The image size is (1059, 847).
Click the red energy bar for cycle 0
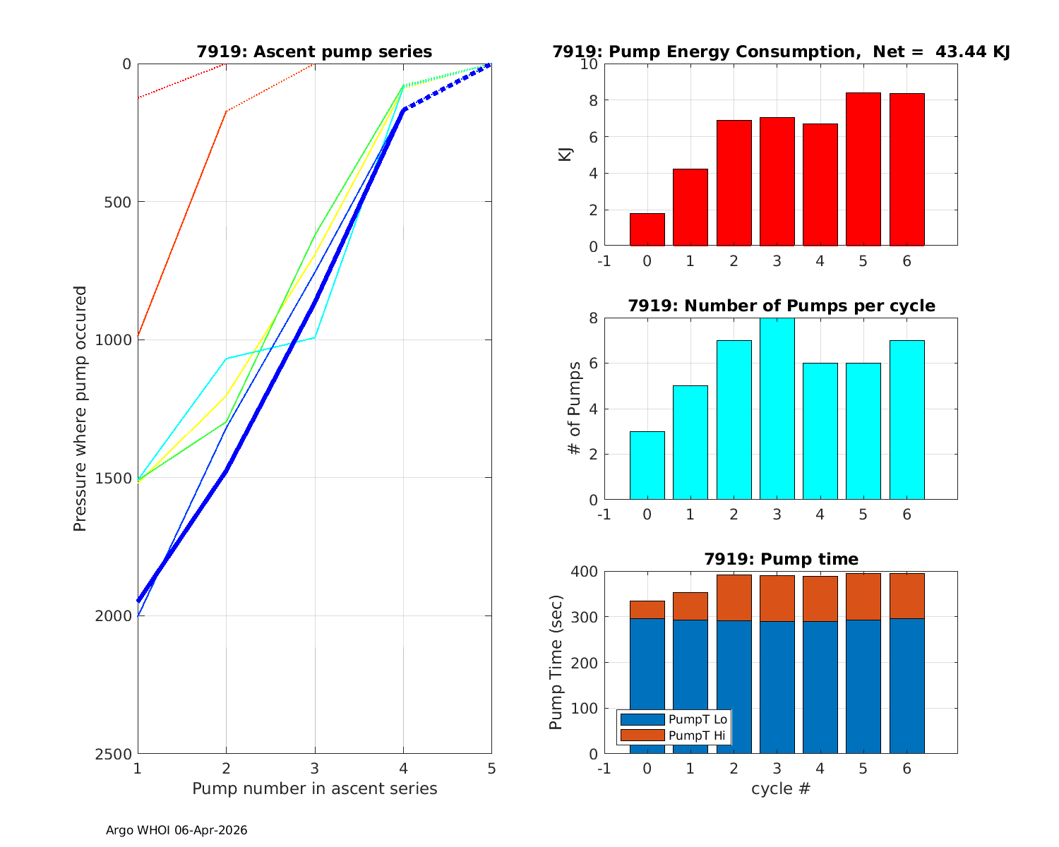coord(647,229)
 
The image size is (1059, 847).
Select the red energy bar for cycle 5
coord(863,169)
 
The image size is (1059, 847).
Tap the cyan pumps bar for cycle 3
coord(777,409)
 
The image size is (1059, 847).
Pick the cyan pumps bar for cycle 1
coord(690,443)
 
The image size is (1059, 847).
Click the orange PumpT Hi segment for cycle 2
coord(734,597)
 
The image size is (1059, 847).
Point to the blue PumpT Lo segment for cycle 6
coord(907,685)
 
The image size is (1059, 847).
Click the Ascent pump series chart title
coord(314,52)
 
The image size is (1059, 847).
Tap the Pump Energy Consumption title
coord(781,52)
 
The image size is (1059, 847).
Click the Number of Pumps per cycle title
coord(781,306)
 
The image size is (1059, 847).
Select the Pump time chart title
coord(781,559)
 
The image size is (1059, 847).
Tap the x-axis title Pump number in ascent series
coord(314,788)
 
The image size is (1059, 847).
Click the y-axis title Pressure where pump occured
coord(80,409)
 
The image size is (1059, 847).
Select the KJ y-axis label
coord(566,155)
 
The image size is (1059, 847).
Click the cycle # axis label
coord(781,788)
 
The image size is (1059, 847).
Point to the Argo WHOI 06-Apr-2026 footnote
coord(176,830)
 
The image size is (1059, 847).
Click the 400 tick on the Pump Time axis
coord(584,571)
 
